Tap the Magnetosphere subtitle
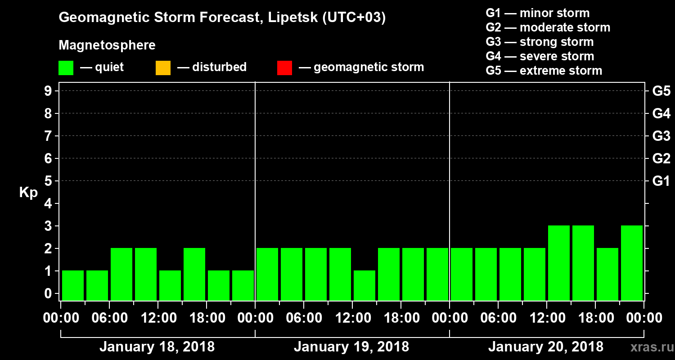coord(107,45)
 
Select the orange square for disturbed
coord(163,68)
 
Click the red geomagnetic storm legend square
coord(284,68)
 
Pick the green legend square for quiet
coord(66,68)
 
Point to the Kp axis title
coord(28,193)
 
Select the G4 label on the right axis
coord(661,114)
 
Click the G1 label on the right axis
coord(661,181)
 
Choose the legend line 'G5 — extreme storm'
coord(544,71)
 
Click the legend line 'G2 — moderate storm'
coord(548,27)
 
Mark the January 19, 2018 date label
coord(351,347)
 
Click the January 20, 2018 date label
coord(546,347)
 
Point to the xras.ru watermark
coord(649,347)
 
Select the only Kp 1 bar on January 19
coord(364,285)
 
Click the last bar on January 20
coord(632,263)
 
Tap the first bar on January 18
coord(73,285)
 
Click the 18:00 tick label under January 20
coord(595,318)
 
